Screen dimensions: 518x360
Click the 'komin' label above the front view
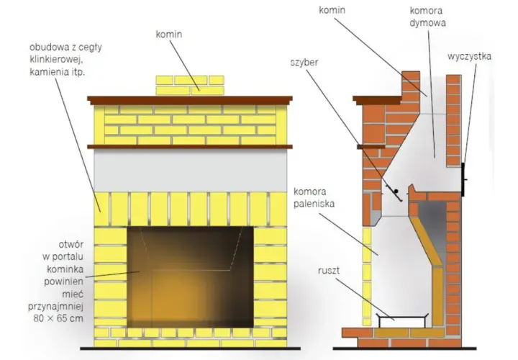tap(169, 34)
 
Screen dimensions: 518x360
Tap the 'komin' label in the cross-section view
tap(332, 10)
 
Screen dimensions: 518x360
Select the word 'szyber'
tap(304, 63)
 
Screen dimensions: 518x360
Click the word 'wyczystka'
tap(469, 57)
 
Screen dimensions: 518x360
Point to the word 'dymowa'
tap(428, 23)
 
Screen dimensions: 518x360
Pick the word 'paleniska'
tap(314, 204)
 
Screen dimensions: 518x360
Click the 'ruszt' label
tap(329, 271)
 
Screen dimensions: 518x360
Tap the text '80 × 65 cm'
tap(58, 318)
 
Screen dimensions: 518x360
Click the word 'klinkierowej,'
tap(56, 60)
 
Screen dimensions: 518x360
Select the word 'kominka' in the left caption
tap(65, 269)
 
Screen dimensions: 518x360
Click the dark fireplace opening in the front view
tap(190, 277)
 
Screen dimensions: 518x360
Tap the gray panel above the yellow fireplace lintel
tap(190, 170)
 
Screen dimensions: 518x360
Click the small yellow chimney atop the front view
tap(190, 85)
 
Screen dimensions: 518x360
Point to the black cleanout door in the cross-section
tap(463, 179)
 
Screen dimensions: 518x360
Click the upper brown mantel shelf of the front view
tap(190, 100)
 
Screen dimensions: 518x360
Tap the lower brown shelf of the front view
tap(190, 146)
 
